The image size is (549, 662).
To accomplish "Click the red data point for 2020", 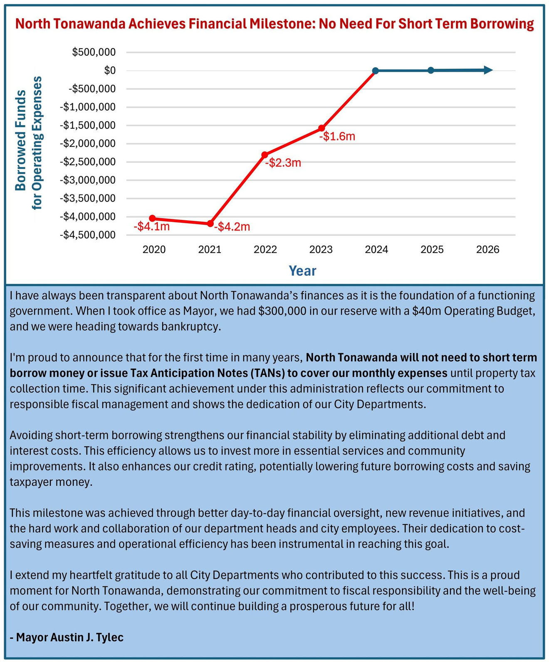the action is pos(152,218).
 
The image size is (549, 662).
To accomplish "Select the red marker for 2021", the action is pos(210,224).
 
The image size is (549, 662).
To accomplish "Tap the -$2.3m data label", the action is pos(283,163).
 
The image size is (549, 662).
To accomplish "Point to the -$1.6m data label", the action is pos(337,136).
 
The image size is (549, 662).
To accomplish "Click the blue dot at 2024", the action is pos(376,70).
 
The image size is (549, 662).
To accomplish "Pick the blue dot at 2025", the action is pos(430,70).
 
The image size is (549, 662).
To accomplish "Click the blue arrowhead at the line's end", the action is pos(488,70).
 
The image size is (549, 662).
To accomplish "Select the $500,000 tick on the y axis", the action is pos(94,52).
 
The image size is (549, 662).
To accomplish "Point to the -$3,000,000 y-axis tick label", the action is pos(88,180).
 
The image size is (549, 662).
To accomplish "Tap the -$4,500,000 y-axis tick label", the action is pos(88,235).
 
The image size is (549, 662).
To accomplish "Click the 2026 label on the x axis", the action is pos(488,249).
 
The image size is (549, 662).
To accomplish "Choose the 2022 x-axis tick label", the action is pos(265,249).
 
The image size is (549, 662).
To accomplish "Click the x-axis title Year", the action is pos(302,271).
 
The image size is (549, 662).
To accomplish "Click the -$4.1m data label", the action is pos(152,226).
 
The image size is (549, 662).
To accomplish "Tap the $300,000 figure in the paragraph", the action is pos(282,311).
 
